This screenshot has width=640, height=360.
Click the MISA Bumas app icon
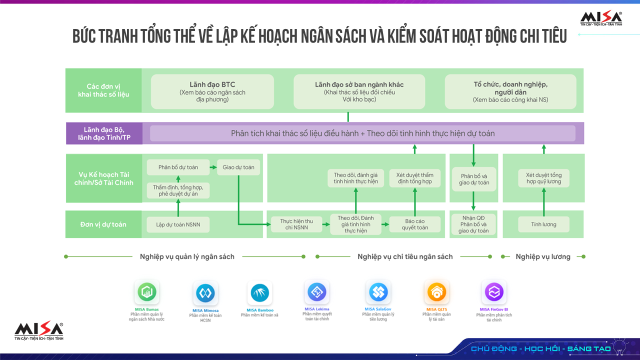[146, 292]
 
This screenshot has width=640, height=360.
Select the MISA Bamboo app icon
[260, 293]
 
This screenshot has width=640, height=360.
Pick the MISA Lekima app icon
[316, 291]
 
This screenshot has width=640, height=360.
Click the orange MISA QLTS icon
[436, 291]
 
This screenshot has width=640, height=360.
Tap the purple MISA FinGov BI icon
[494, 291]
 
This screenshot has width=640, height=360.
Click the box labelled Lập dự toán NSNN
[178, 224]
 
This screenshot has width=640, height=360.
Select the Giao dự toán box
[238, 167]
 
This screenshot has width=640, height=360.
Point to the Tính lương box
[543, 224]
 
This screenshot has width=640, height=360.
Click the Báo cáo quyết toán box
[415, 224]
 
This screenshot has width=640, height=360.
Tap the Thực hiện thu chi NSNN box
[296, 224]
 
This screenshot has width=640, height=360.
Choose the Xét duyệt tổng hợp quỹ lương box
[543, 178]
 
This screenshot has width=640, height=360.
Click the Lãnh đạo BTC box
[212, 91]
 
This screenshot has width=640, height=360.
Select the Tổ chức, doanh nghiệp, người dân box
[510, 91]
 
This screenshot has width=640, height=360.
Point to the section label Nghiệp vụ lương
[543, 256]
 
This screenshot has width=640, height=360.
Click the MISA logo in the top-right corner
[601, 19]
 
